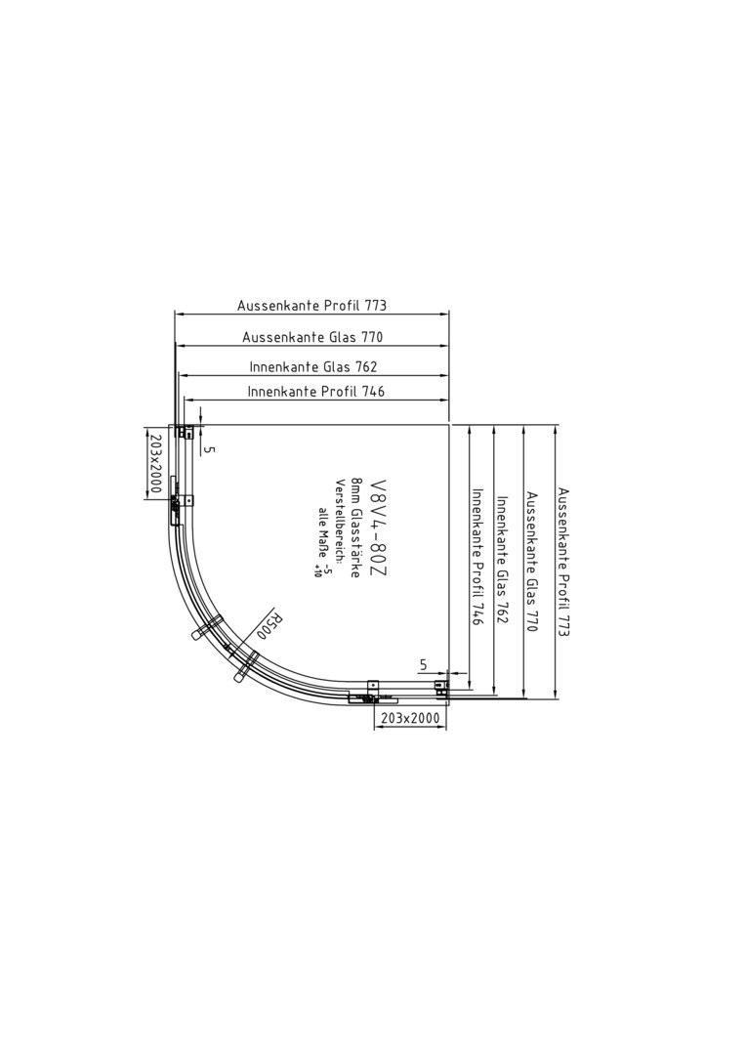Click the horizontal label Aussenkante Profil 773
click(312, 306)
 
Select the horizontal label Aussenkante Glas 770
click(312, 337)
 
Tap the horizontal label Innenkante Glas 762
click(313, 366)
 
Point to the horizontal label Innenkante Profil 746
click(316, 391)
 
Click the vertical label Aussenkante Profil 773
click(563, 563)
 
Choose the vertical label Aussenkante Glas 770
click(532, 562)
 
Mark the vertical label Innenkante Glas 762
click(502, 560)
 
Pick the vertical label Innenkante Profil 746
click(478, 558)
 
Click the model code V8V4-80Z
click(379, 527)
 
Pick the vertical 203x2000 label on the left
click(154, 463)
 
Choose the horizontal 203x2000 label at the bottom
click(410, 719)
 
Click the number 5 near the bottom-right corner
click(423, 665)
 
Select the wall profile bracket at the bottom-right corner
click(441, 687)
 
